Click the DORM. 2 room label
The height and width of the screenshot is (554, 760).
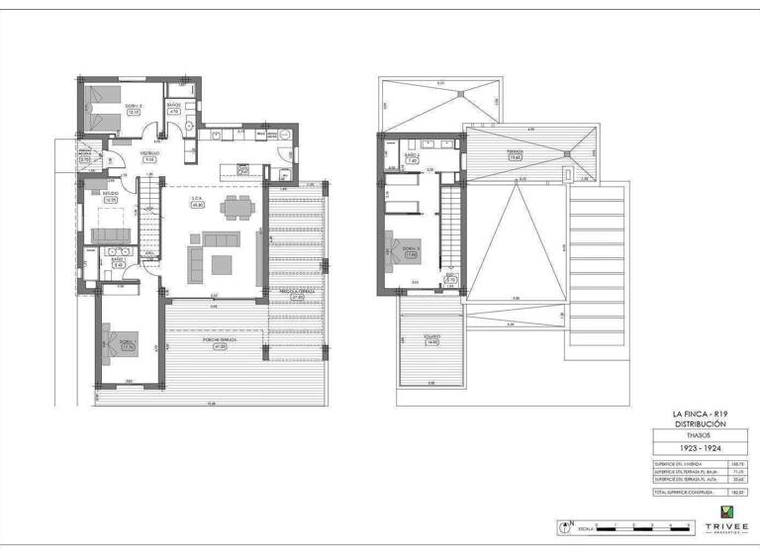(x=134, y=108)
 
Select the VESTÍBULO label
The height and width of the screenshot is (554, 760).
(x=149, y=155)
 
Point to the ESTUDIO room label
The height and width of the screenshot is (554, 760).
(x=111, y=195)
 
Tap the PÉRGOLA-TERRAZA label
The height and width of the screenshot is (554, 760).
(x=296, y=294)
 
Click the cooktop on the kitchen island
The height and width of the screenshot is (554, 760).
(x=240, y=170)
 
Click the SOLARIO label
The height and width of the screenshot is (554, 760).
(x=431, y=339)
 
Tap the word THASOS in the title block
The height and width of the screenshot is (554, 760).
(x=700, y=434)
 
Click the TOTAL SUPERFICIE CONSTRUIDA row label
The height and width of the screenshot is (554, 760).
(x=683, y=492)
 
